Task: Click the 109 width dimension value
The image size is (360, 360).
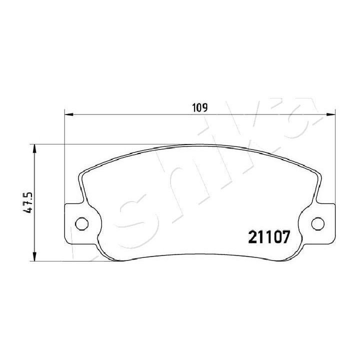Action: (x=200, y=108)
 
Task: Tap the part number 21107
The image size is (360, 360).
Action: (x=269, y=237)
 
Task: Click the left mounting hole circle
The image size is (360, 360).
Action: (x=81, y=223)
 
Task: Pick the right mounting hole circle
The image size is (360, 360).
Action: (x=318, y=223)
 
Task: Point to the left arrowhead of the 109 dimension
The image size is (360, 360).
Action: (x=69, y=114)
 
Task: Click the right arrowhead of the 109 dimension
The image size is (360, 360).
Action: (x=331, y=114)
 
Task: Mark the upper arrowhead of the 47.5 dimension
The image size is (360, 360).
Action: (x=34, y=148)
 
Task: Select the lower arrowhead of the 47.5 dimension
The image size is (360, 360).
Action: (x=34, y=256)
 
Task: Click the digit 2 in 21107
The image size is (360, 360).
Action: (x=253, y=237)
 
